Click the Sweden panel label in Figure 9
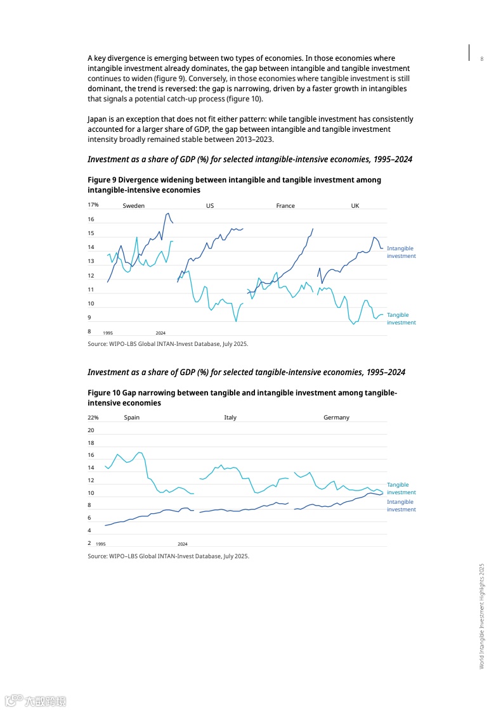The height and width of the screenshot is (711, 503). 133,205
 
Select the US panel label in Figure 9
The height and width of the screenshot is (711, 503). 210,205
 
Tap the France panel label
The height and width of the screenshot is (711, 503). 285,205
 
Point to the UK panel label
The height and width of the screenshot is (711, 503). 355,205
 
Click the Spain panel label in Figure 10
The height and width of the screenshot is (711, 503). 131,417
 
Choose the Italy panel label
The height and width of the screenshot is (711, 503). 230,417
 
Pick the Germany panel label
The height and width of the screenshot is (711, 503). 336,417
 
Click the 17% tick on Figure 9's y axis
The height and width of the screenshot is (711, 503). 93,205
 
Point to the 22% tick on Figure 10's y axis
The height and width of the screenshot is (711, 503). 93,417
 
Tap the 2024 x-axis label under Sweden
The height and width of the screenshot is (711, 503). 160,333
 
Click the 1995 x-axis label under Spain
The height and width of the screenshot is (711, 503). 100,544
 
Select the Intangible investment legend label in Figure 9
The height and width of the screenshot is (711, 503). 401,252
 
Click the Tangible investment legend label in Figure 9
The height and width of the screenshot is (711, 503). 401,319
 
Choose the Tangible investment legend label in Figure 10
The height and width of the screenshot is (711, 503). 401,488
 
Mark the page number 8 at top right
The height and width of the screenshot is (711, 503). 481,59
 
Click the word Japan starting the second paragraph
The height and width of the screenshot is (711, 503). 96,118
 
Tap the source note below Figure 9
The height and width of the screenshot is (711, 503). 167,343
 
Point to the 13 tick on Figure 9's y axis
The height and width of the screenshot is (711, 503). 91,261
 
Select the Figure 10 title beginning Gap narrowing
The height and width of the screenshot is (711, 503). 242,398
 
